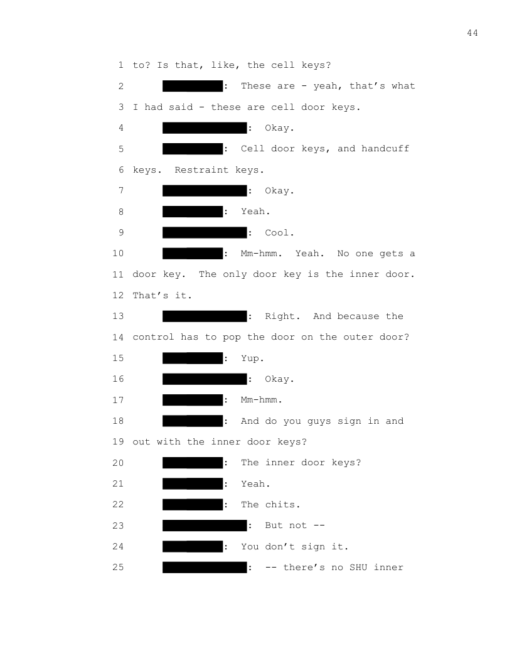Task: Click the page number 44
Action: (x=472, y=33)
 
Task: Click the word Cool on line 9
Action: (x=277, y=233)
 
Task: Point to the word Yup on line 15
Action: (x=250, y=358)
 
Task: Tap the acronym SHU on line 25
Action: (x=358, y=568)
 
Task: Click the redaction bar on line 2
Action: (x=193, y=86)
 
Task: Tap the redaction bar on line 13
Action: (x=205, y=316)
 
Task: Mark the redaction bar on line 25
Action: (x=205, y=568)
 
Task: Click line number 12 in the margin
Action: (x=119, y=296)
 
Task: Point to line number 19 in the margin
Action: (x=119, y=442)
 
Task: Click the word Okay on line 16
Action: (x=277, y=379)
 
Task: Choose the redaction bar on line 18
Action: (x=193, y=421)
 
